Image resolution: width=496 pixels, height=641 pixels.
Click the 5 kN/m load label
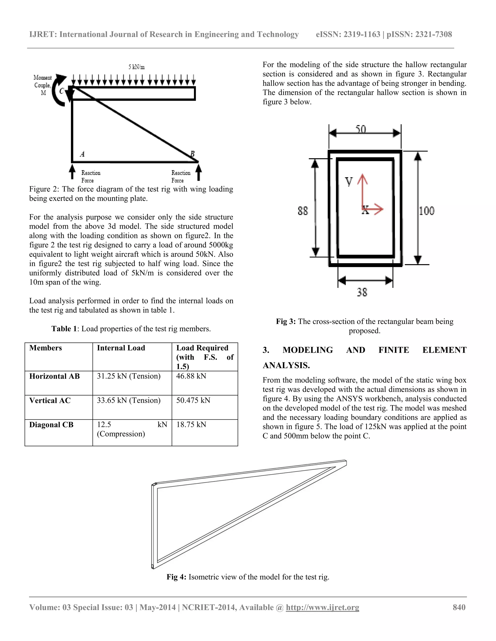(136, 67)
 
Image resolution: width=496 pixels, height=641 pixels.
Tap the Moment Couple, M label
(43, 85)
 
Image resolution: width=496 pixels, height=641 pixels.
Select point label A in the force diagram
(82, 154)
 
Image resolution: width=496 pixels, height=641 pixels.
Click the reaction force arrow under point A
(72, 172)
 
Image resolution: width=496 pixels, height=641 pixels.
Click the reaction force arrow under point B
(199, 172)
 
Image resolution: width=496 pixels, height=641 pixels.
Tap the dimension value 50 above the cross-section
(361, 129)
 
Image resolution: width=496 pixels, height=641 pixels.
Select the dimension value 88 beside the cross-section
(303, 211)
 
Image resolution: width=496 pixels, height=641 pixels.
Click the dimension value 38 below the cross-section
(362, 292)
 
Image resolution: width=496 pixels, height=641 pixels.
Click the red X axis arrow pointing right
(375, 209)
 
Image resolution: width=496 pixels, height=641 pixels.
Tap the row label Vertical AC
(50, 400)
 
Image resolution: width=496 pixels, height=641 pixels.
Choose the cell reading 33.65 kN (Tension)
(129, 400)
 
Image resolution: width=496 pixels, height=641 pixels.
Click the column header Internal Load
(121, 348)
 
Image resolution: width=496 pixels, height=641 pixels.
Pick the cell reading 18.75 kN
(191, 425)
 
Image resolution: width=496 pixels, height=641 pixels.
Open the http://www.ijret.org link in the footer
(322, 607)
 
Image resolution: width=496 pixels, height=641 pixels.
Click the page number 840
(459, 607)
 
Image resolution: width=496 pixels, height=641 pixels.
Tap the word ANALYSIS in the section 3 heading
(286, 365)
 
